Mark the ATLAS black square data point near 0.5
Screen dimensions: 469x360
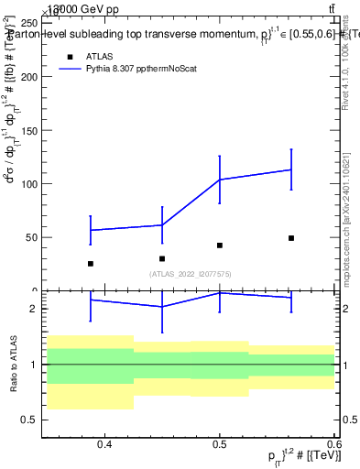click(x=220, y=245)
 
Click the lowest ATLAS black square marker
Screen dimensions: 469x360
click(x=90, y=264)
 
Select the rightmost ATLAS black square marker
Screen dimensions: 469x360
click(x=291, y=238)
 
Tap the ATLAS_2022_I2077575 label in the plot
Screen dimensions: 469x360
click(x=191, y=274)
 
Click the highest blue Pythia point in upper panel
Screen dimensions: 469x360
click(x=291, y=169)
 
